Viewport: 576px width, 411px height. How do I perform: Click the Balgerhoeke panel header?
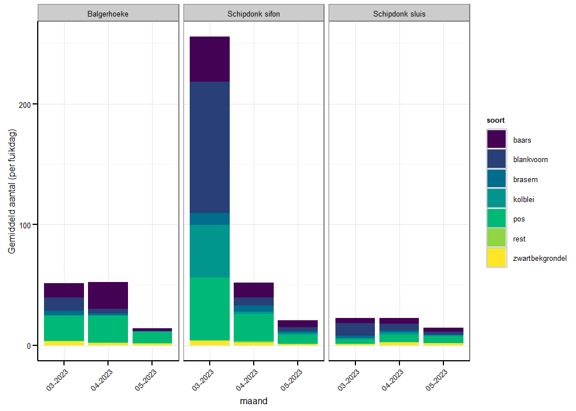click(109, 14)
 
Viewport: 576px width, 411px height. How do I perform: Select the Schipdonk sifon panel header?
click(254, 14)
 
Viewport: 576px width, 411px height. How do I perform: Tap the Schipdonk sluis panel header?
click(399, 14)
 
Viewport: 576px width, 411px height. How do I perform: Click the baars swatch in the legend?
click(497, 140)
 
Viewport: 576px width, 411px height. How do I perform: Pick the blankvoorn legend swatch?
click(497, 160)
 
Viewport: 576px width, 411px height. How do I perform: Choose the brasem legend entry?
click(497, 179)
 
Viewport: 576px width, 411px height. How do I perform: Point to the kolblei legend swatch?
click(497, 199)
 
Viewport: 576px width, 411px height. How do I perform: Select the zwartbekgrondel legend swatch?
click(497, 258)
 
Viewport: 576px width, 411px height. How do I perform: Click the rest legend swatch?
click(497, 239)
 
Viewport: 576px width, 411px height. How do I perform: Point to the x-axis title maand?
click(254, 401)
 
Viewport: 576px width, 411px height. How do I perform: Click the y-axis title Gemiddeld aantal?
click(12, 191)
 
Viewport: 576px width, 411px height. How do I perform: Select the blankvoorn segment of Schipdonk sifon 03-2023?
click(210, 147)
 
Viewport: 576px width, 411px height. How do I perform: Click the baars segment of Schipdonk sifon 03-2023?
click(210, 59)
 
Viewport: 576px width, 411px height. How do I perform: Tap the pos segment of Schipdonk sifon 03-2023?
click(210, 309)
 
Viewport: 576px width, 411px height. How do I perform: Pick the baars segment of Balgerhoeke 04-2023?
click(108, 295)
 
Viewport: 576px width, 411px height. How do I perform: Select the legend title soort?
click(495, 120)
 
